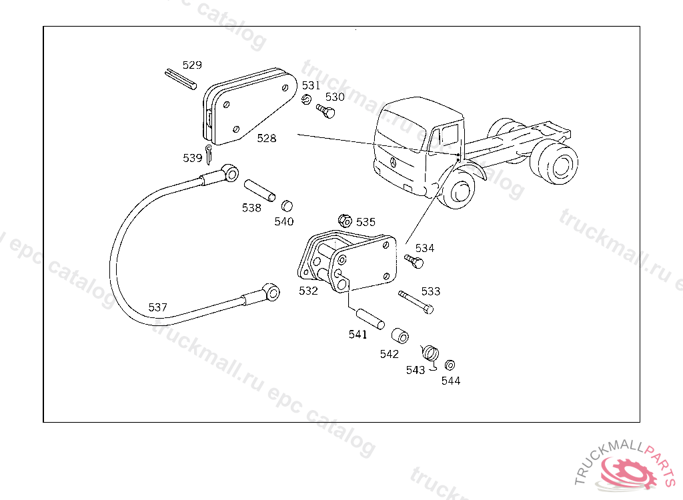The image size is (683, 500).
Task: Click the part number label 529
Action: click(x=192, y=65)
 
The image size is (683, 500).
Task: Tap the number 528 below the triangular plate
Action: click(x=267, y=139)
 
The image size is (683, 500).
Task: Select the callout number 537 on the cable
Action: click(x=158, y=307)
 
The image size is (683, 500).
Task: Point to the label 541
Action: click(x=358, y=335)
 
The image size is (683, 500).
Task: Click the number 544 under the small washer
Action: click(x=451, y=381)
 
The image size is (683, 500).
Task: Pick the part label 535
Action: click(x=366, y=222)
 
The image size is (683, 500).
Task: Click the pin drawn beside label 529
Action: click(x=180, y=79)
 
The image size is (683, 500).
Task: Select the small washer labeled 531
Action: click(x=307, y=100)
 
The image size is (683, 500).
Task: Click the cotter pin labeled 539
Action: click(x=209, y=153)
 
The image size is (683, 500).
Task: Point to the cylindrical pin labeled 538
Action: click(x=259, y=190)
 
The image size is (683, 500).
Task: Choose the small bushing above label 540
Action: click(x=287, y=205)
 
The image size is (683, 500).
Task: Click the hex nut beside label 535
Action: click(x=345, y=220)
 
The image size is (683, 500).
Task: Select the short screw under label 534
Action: click(x=414, y=261)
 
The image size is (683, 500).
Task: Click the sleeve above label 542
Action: click(x=400, y=335)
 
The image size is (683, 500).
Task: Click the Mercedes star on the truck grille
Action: click(x=394, y=163)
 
